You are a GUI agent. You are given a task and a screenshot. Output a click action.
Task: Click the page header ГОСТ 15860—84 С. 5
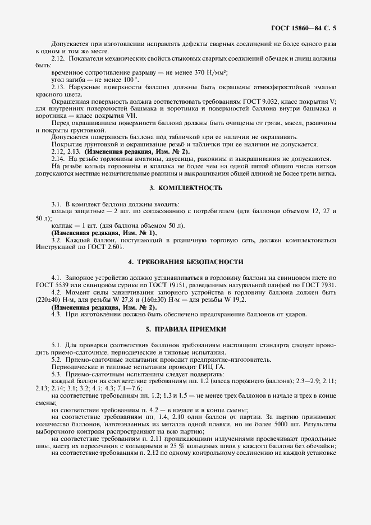click(308, 26)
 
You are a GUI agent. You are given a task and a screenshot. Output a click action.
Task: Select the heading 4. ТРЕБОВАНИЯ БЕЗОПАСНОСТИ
click(185, 262)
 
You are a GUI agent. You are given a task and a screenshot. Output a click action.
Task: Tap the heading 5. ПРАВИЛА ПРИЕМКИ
click(185, 329)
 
